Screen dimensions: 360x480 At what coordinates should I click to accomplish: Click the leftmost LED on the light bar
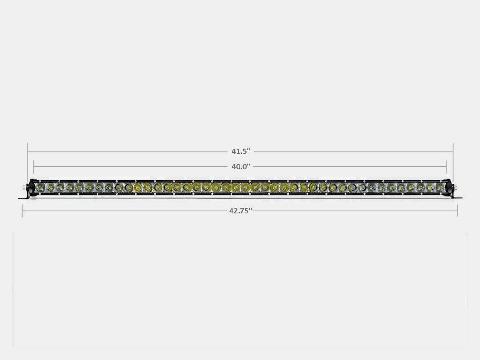[x=40, y=187]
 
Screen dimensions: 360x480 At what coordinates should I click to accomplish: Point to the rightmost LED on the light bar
[x=440, y=187]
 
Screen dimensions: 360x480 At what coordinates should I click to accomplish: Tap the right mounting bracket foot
[x=457, y=197]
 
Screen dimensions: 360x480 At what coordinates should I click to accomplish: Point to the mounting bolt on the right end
[x=455, y=187]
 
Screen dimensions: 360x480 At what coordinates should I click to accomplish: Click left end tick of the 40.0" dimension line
[x=33, y=166]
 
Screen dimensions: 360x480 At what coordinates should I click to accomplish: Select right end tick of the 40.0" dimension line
[x=447, y=166]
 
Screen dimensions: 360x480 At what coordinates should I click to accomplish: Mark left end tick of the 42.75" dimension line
[x=22, y=211]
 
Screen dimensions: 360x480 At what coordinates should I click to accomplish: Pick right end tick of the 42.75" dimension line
[x=458, y=211]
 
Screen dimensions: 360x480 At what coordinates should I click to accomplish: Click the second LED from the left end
[x=50, y=187]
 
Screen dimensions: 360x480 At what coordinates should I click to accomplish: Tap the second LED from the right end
[x=430, y=187]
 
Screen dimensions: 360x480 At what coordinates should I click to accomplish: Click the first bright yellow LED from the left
[x=138, y=187]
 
